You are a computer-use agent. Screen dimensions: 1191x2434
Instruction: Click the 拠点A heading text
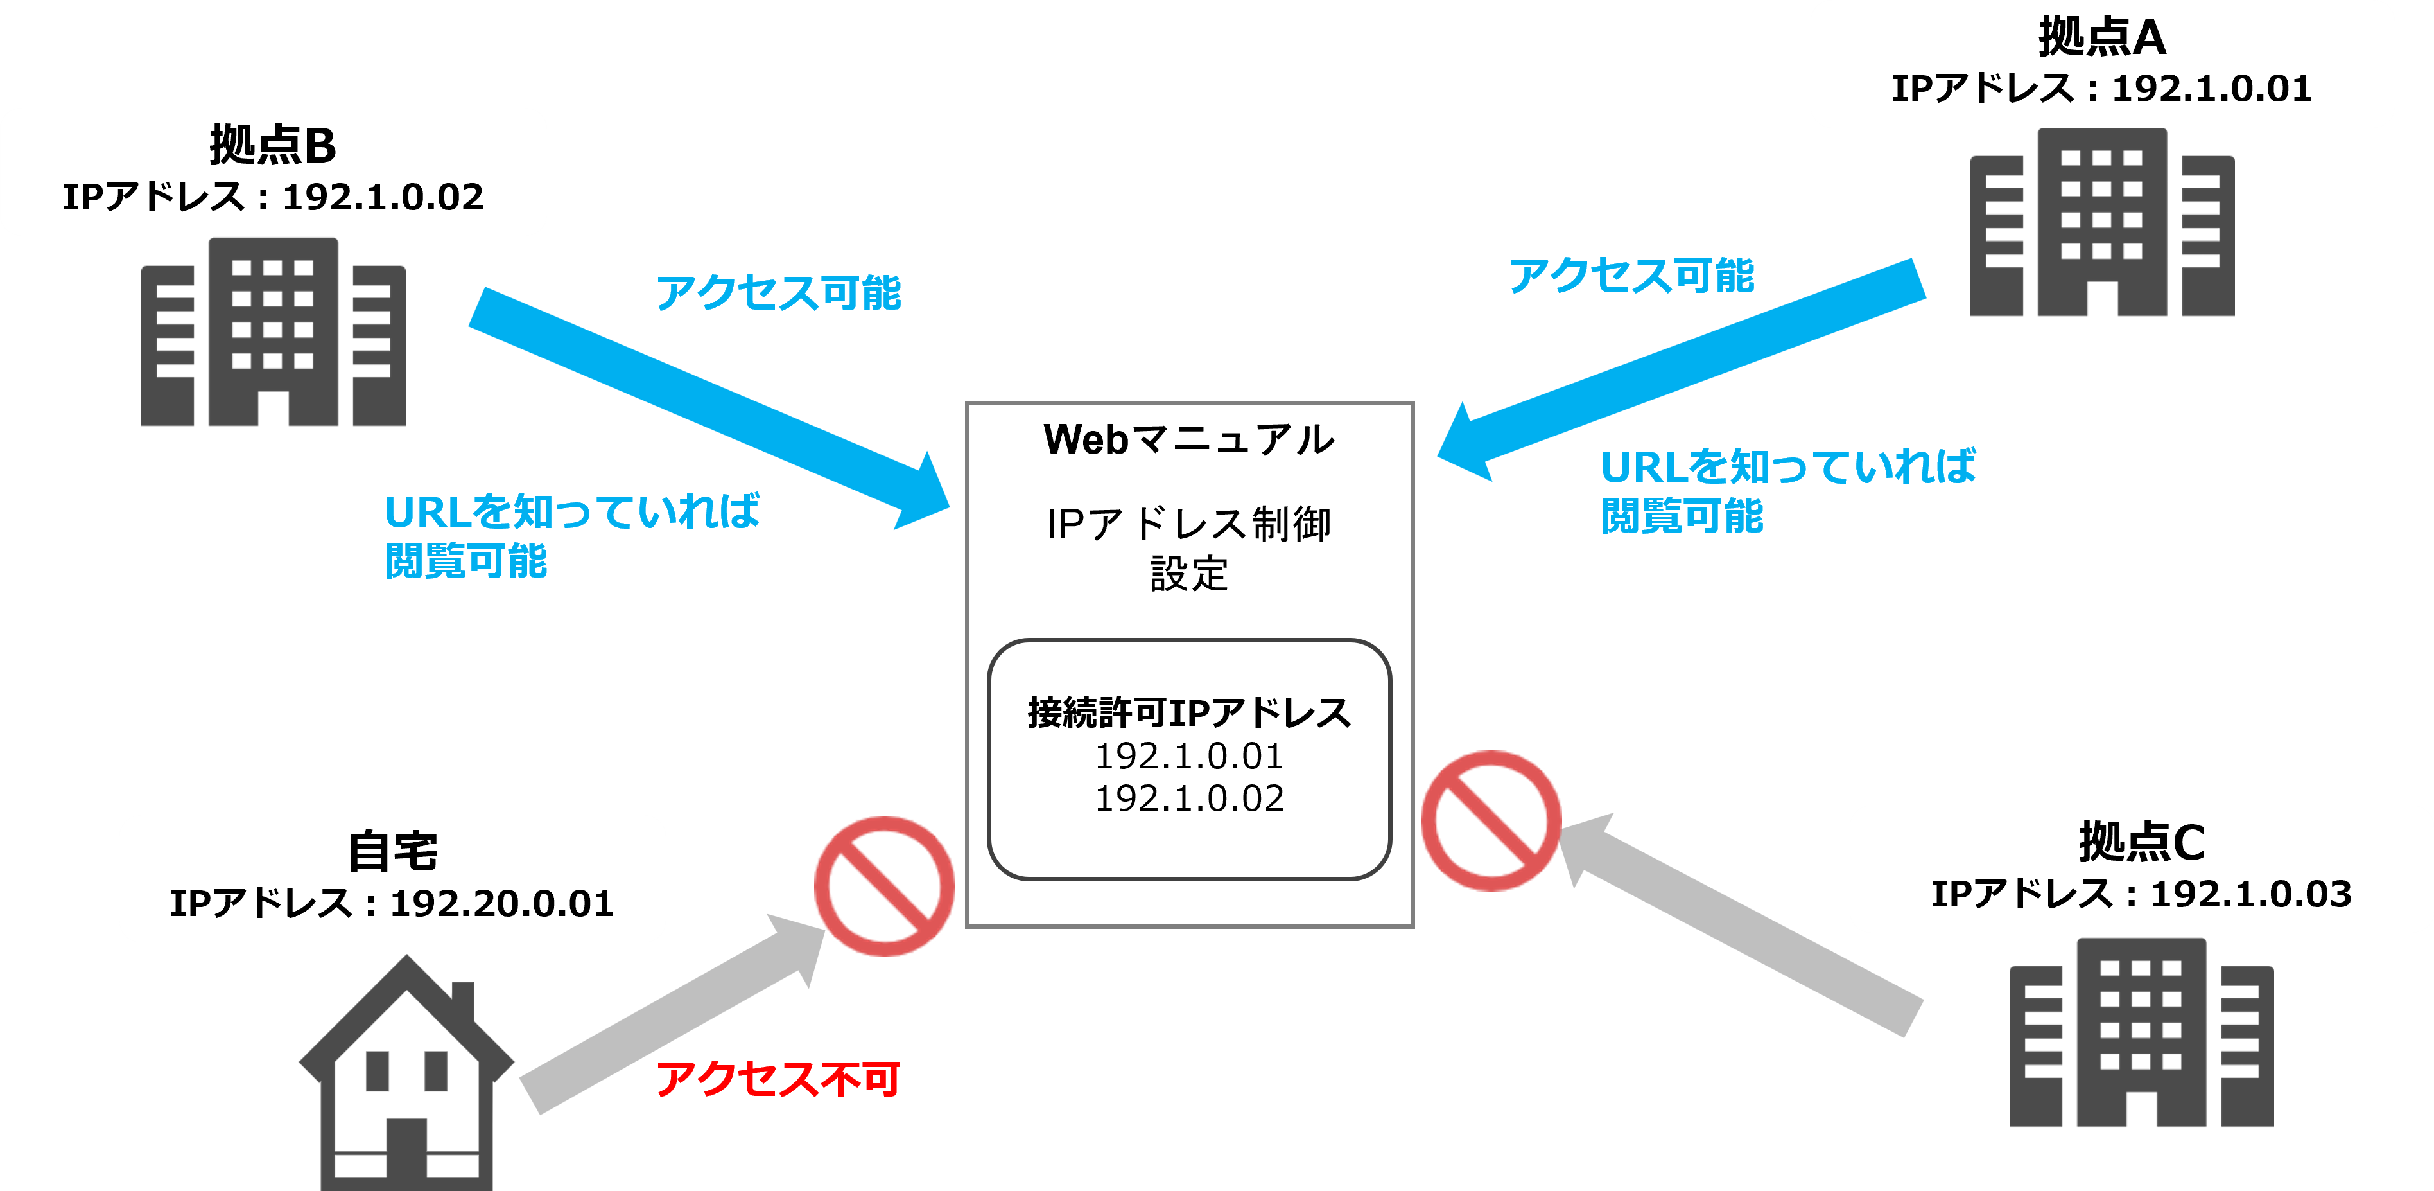tap(2101, 38)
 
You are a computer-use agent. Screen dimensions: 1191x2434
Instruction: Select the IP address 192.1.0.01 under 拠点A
tap(2211, 89)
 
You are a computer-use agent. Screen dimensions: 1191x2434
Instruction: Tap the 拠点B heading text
tap(272, 146)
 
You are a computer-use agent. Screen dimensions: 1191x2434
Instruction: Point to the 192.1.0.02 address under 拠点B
tap(383, 197)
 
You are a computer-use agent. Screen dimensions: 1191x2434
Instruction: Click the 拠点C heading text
tap(2141, 842)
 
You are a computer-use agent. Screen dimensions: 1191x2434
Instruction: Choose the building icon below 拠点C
tap(2141, 1034)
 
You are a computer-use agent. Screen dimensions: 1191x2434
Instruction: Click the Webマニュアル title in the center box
tap(1188, 439)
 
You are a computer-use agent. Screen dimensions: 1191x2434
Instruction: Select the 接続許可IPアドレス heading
tap(1188, 712)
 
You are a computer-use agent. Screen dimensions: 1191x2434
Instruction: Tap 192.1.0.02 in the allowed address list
tap(1188, 798)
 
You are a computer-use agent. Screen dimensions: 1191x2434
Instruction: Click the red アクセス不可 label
tap(778, 1079)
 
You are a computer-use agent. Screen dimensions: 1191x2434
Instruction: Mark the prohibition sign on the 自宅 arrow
tap(884, 887)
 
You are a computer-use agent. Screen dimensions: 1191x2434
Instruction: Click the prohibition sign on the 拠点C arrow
tap(1491, 820)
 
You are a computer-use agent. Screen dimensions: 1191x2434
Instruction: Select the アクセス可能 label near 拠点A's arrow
tap(1631, 276)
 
